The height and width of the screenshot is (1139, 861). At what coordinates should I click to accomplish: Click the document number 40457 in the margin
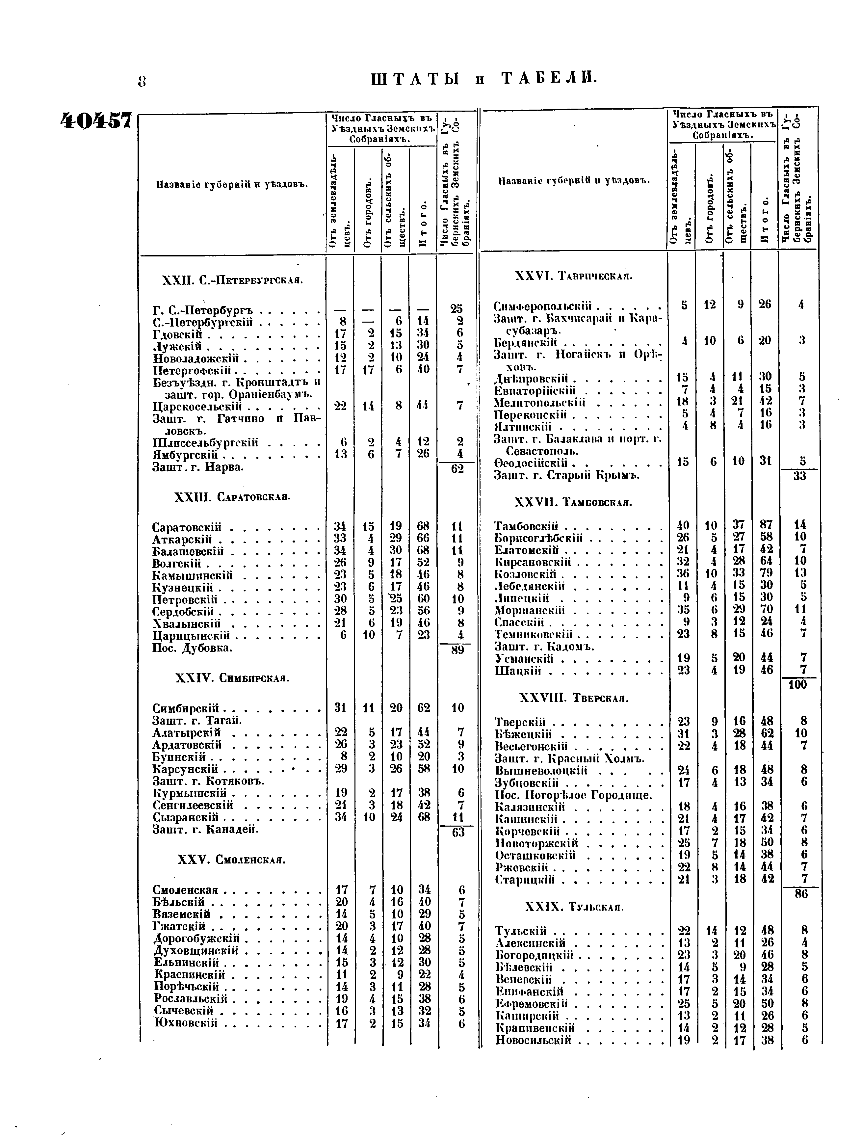(x=96, y=121)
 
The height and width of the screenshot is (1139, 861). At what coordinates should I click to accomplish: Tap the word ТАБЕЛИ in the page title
(x=549, y=79)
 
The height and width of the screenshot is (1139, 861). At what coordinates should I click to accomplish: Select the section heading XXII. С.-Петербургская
(x=232, y=280)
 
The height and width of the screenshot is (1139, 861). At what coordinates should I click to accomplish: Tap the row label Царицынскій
(x=191, y=635)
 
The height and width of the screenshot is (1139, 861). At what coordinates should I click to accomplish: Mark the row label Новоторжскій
(x=536, y=843)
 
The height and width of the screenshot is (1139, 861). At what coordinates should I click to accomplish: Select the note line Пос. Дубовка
(x=193, y=648)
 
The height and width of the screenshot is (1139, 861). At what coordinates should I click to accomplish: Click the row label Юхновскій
(x=185, y=1023)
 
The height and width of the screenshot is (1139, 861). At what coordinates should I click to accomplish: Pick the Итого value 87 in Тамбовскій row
(x=766, y=525)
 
